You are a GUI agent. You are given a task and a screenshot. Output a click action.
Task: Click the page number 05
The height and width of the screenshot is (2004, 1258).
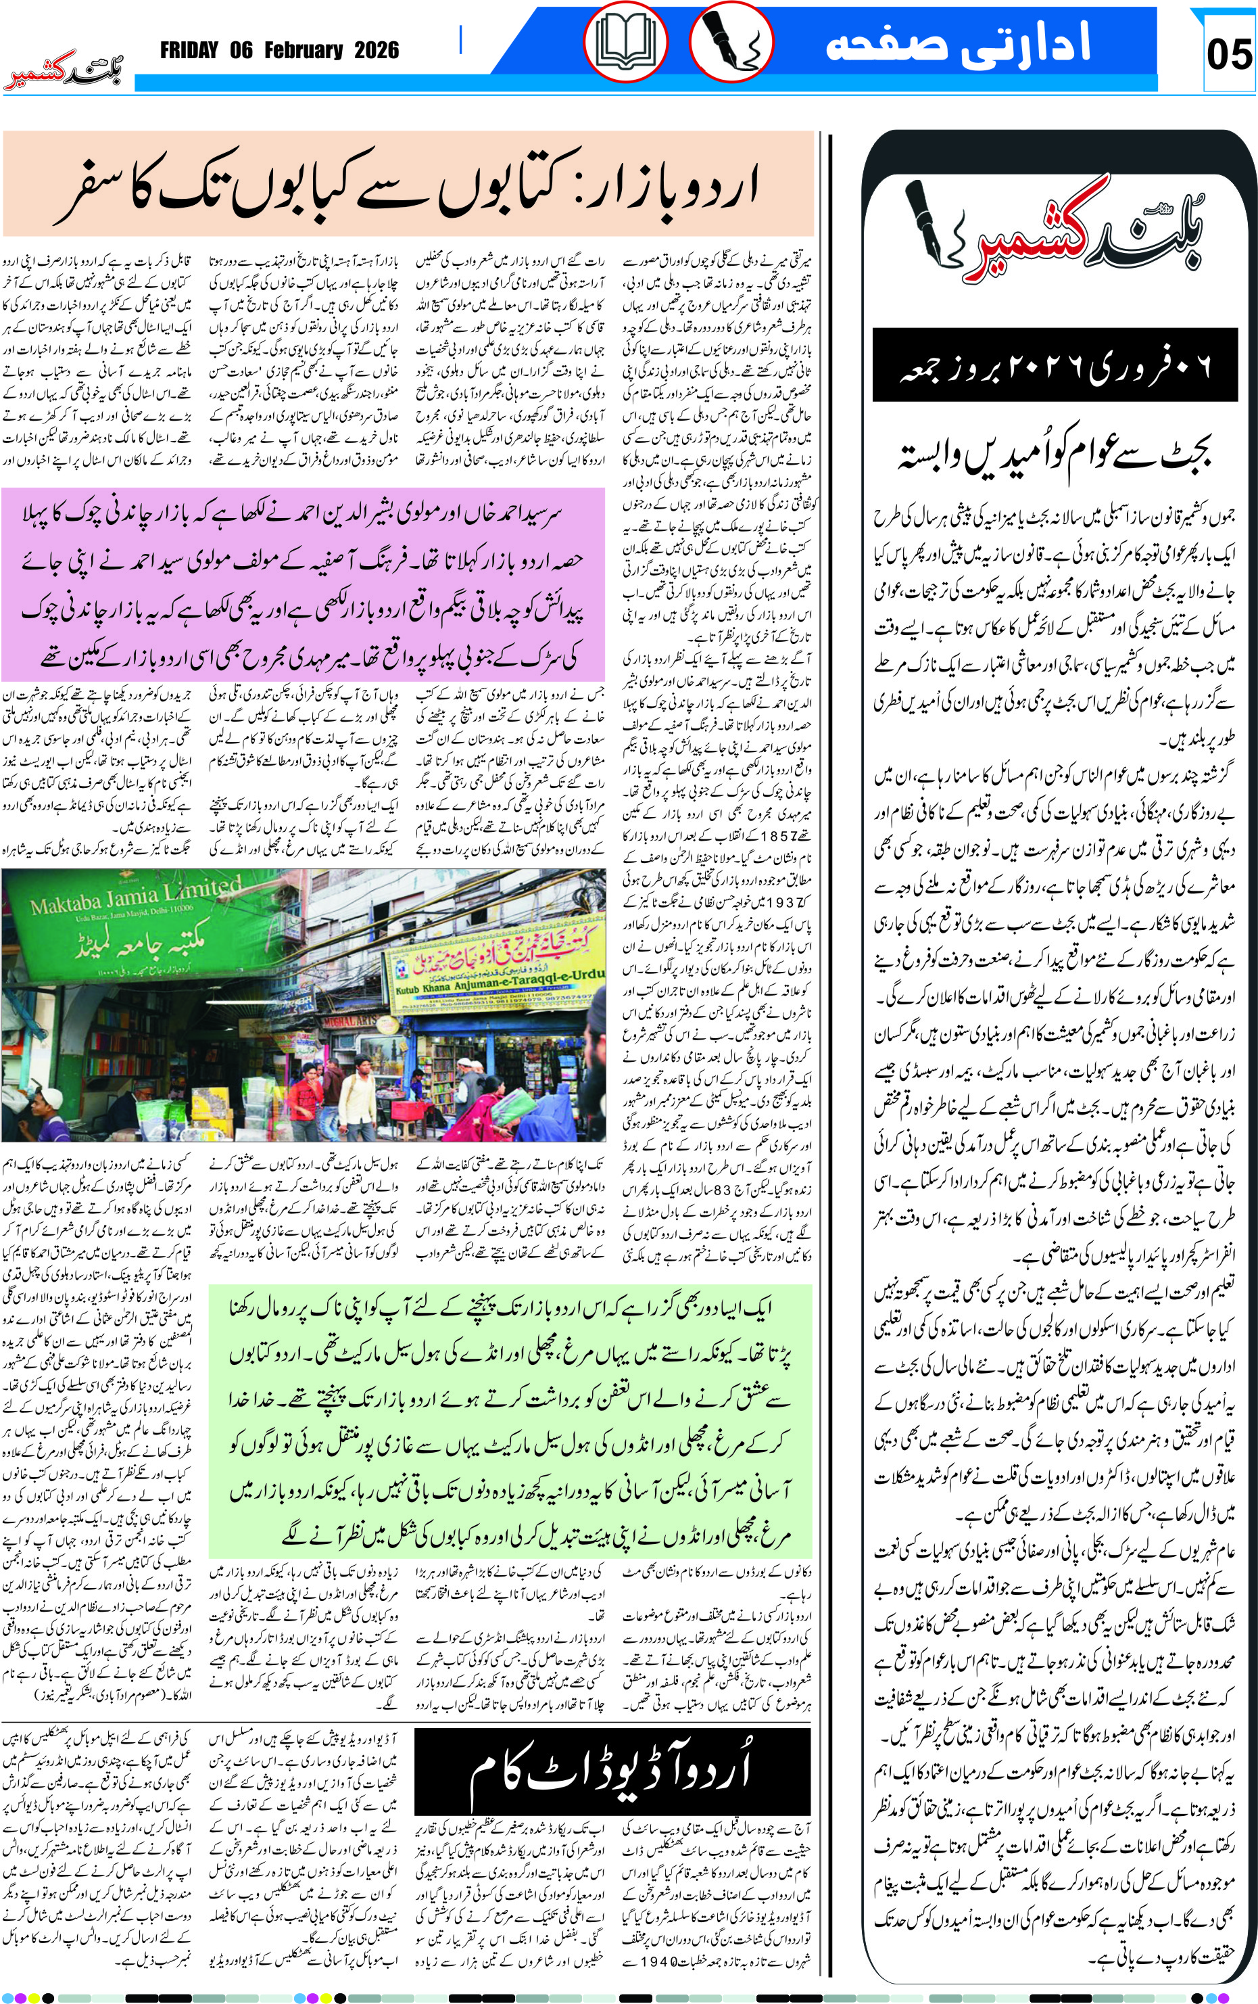1228,54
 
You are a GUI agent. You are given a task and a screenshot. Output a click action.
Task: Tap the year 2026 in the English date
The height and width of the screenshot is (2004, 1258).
376,51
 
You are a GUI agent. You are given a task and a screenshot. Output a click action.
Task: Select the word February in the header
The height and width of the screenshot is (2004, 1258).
304,51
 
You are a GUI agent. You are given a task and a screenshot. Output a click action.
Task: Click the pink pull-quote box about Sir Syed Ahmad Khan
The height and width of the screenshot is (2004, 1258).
303,585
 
